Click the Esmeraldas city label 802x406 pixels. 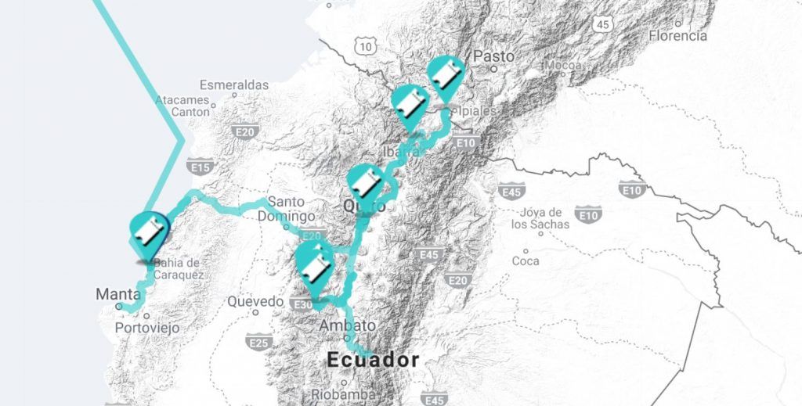[233, 84]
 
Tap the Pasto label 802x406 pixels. [494, 56]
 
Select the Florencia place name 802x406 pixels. [677, 36]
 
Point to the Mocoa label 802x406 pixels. [564, 65]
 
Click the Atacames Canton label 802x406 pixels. [182, 106]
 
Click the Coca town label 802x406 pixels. [525, 260]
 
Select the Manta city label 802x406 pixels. [118, 294]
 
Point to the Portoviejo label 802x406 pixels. [147, 328]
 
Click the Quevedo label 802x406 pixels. [255, 301]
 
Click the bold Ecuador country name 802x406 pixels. [373, 360]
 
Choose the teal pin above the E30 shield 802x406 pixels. [316, 264]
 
